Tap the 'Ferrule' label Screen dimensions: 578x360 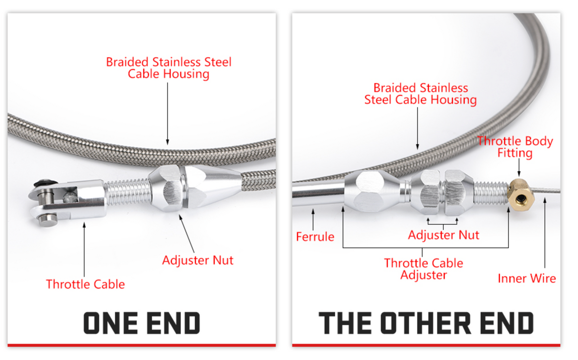(x=315, y=237)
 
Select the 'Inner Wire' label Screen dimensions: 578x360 (x=527, y=279)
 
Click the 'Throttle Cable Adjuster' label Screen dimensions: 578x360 (x=423, y=269)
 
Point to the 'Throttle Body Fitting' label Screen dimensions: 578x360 (x=515, y=147)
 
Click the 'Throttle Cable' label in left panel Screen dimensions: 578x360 (x=85, y=284)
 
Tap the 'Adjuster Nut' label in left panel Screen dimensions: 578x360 (x=198, y=260)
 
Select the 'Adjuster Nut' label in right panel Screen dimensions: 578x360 (x=444, y=235)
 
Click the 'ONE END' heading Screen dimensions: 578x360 (x=142, y=323)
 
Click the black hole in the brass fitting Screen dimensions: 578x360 (x=520, y=199)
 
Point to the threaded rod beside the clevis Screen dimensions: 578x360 (x=127, y=192)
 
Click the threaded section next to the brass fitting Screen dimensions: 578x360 (x=491, y=193)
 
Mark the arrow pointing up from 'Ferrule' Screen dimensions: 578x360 (x=313, y=220)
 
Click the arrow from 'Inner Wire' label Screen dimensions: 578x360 (x=545, y=233)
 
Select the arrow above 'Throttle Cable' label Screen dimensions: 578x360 (x=84, y=250)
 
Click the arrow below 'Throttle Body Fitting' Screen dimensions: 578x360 (x=519, y=168)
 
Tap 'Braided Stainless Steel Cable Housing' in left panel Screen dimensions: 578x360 (x=169, y=68)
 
